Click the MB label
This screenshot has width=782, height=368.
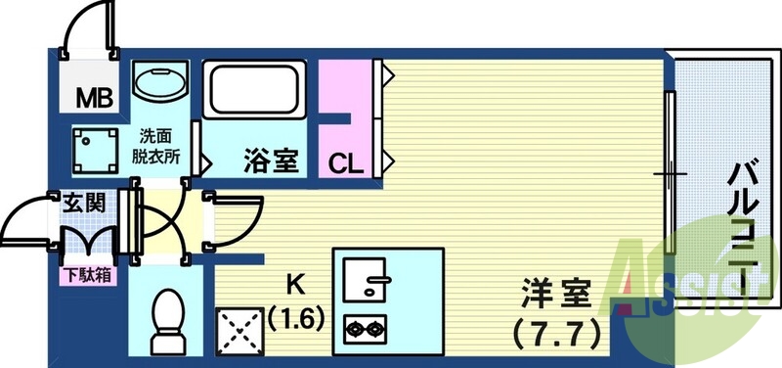tap(94, 98)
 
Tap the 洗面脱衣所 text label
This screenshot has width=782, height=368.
tap(156, 146)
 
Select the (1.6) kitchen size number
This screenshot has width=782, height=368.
tap(292, 319)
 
